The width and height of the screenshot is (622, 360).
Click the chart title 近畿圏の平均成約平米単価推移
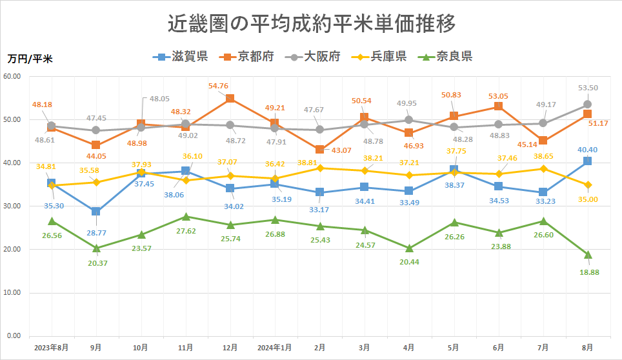[311, 24]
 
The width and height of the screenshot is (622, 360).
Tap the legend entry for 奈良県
[446, 57]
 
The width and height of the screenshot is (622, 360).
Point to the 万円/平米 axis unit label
[30, 59]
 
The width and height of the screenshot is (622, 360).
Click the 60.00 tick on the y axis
[12, 76]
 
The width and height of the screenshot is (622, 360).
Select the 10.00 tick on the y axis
[12, 293]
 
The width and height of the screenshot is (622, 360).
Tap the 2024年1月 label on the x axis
[274, 347]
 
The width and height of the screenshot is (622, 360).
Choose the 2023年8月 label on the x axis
[52, 347]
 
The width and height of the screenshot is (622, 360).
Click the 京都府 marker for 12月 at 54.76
[230, 99]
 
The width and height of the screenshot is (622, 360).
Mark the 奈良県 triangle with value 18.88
[588, 255]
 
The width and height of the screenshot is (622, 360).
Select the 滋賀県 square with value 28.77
[96, 212]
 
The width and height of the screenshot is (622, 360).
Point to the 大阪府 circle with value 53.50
[588, 105]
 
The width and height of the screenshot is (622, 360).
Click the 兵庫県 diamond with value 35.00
[588, 185]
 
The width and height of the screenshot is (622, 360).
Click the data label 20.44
[409, 262]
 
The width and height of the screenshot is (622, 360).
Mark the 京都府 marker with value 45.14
[543, 141]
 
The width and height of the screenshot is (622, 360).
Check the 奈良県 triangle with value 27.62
[185, 217]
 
